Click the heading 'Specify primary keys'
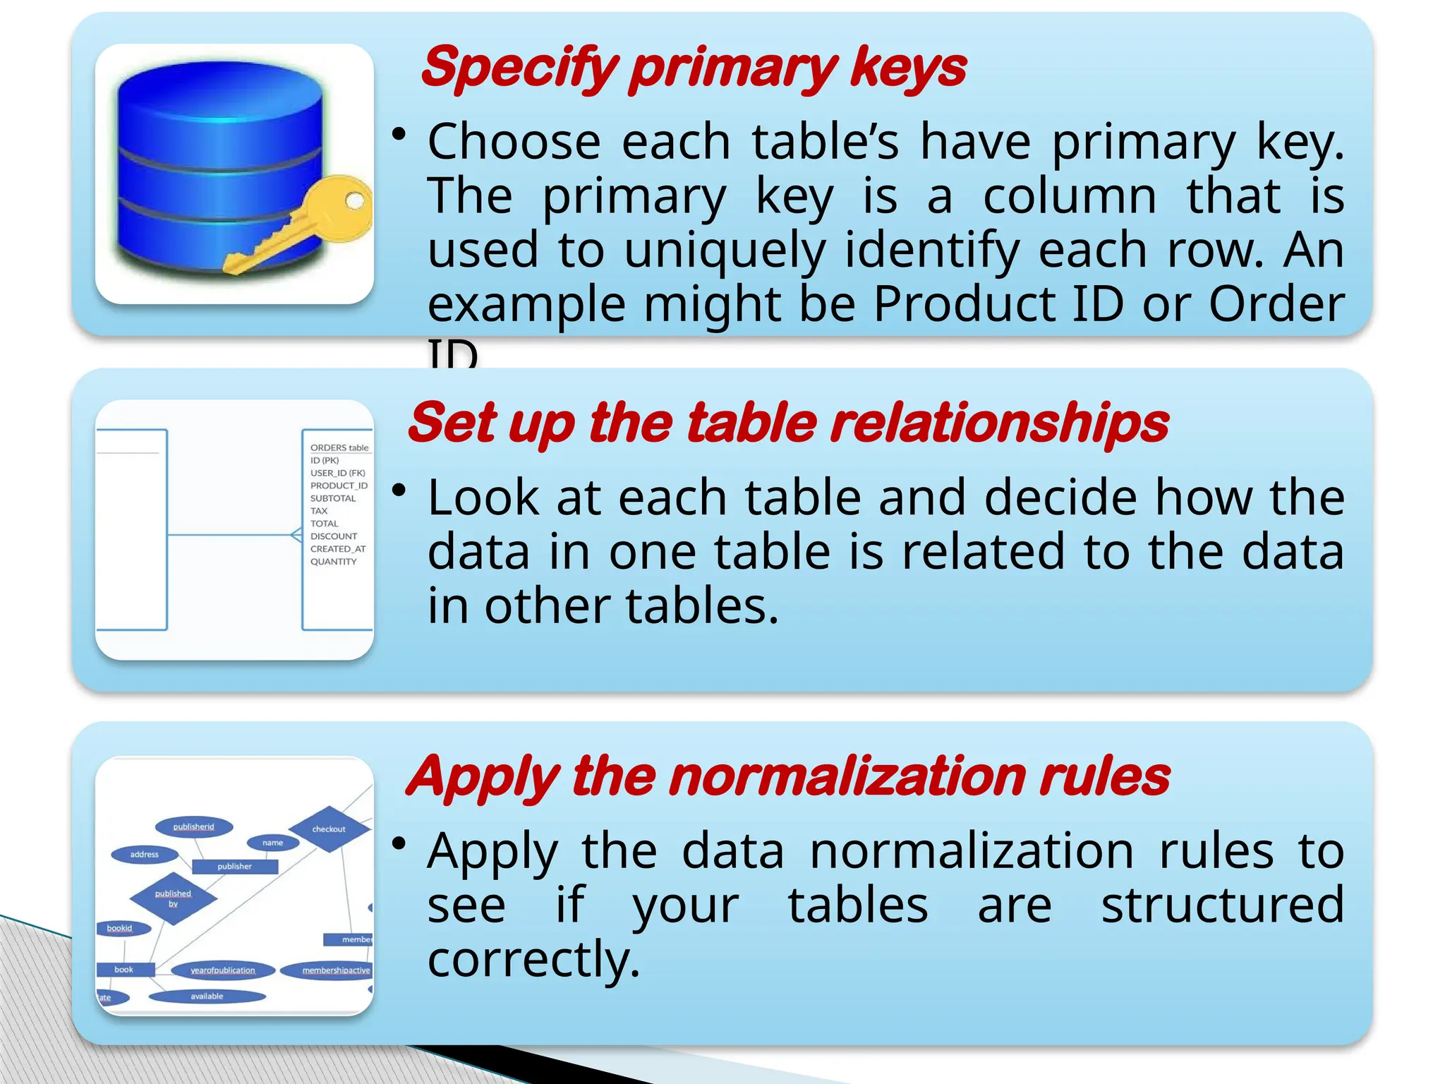(x=693, y=67)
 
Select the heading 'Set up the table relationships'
(x=787, y=423)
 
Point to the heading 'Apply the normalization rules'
(x=787, y=776)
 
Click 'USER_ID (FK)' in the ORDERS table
(x=337, y=473)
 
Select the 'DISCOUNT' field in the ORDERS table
(x=334, y=536)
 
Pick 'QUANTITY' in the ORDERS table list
(x=333, y=562)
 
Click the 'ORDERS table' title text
(x=339, y=447)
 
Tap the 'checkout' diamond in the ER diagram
(x=329, y=829)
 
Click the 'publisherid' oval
(x=193, y=826)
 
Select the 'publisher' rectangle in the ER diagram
(x=234, y=866)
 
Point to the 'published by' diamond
(x=173, y=898)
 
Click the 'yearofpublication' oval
(x=222, y=970)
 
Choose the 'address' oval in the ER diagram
(x=145, y=855)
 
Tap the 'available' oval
(x=207, y=996)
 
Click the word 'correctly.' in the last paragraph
(x=533, y=959)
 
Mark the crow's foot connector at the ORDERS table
(x=296, y=536)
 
